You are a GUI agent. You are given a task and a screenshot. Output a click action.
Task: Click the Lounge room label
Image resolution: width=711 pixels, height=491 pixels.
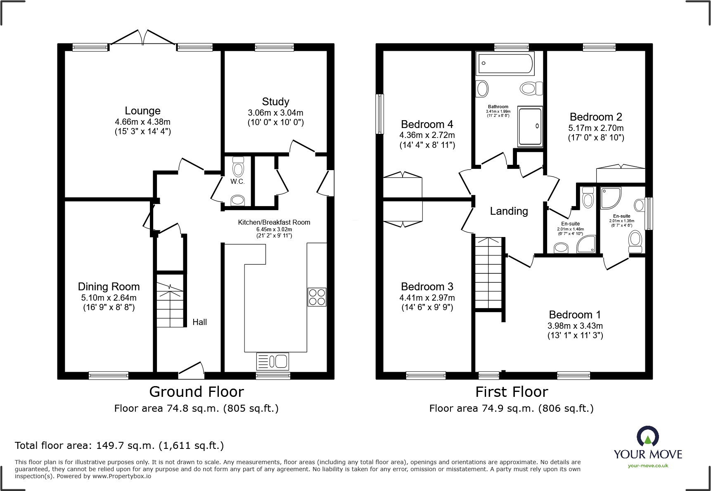[x=142, y=111]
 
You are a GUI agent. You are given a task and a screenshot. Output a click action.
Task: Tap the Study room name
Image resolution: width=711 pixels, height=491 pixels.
[x=275, y=102]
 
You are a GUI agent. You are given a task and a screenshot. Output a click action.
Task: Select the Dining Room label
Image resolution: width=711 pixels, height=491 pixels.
[x=109, y=287]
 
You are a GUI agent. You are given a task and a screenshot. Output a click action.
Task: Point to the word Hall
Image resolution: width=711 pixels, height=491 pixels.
[x=199, y=322]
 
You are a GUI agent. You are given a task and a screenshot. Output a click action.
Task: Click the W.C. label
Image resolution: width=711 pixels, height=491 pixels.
[x=237, y=182]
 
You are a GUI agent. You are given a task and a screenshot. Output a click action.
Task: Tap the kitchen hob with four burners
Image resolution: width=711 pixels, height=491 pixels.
[x=317, y=297]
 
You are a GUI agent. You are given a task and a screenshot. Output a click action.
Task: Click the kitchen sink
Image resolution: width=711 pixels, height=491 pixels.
[x=273, y=361]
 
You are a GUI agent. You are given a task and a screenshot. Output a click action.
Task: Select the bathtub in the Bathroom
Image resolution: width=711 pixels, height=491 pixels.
[x=505, y=63]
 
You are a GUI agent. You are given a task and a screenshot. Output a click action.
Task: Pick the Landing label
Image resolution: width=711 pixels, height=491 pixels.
[x=509, y=211]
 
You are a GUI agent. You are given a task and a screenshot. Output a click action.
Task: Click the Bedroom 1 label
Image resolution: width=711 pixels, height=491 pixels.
[x=575, y=315]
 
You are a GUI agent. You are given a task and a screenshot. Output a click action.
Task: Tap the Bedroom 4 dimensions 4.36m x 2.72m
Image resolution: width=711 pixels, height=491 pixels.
[x=427, y=135]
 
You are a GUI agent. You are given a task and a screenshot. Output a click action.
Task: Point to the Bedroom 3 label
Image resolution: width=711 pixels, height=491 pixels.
[x=427, y=287]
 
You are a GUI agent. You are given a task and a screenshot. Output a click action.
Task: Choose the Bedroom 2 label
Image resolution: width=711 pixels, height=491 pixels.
[x=596, y=117]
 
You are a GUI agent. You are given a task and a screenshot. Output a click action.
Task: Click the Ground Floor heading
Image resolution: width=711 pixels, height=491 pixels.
[x=197, y=391]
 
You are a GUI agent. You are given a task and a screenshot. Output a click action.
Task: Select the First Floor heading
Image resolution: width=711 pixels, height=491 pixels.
[x=512, y=391]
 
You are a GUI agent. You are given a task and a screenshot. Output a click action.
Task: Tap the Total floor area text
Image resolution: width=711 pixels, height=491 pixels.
[x=119, y=446]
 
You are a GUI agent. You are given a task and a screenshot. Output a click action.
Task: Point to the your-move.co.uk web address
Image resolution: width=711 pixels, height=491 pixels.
[x=648, y=466]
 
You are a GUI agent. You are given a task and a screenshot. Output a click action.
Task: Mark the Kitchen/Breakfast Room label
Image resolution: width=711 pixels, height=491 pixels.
[x=274, y=222]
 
